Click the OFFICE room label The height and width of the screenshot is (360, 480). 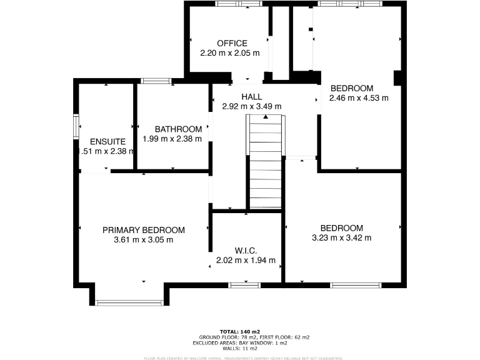[x=232, y=43]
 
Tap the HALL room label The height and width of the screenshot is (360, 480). [x=251, y=96]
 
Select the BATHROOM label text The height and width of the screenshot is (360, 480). [x=178, y=129]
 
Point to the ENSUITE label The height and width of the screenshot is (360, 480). [x=107, y=141]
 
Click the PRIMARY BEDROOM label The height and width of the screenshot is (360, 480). [x=144, y=229]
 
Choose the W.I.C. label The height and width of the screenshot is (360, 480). [x=246, y=250]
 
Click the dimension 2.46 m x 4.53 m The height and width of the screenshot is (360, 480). [x=359, y=97]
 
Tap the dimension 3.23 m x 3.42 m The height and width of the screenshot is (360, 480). [x=341, y=237]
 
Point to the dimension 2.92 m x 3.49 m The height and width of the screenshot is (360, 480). [x=251, y=106]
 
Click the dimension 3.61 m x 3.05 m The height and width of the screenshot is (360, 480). [x=144, y=239]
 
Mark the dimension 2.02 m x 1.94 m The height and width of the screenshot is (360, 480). [x=246, y=260]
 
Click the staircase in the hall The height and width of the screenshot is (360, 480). [x=266, y=162]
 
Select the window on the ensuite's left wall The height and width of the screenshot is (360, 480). [x=76, y=126]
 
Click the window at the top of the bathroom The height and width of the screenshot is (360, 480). [x=156, y=81]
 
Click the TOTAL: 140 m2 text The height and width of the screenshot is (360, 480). [x=240, y=331]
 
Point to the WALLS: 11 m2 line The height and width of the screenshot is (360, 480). [x=240, y=348]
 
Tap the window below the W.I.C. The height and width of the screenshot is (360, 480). [x=244, y=285]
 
